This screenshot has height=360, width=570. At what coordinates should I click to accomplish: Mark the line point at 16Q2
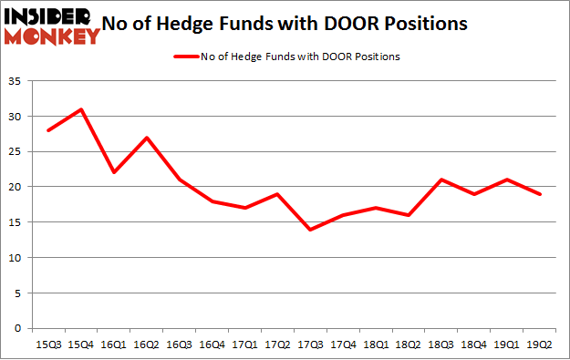tap(146, 138)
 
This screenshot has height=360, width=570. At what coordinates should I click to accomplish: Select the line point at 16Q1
tap(113, 173)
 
